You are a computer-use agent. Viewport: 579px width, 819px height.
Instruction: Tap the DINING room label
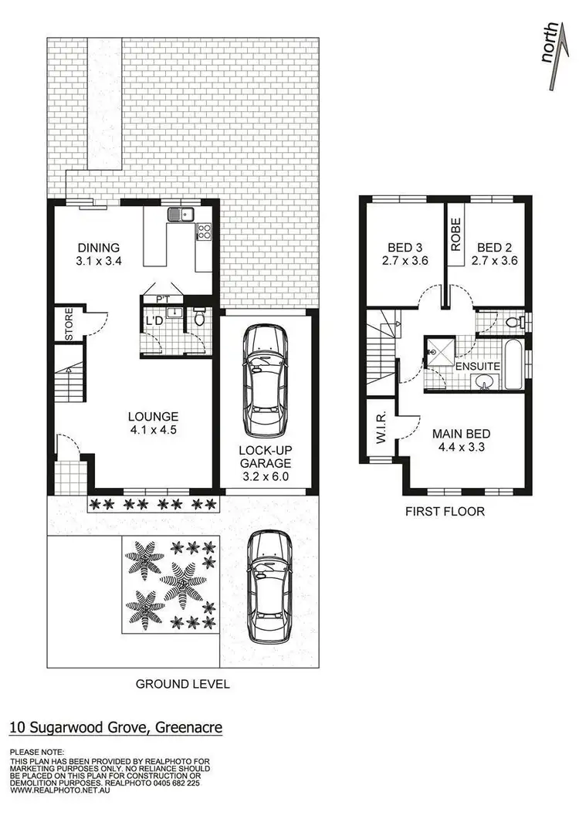[98, 248]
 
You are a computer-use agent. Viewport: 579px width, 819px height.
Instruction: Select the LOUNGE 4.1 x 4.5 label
[153, 423]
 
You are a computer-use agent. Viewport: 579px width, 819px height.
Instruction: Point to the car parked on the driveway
[268, 587]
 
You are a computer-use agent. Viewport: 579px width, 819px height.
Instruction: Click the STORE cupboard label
[68, 327]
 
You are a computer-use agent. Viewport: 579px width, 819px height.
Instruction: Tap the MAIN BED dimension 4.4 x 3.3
[461, 447]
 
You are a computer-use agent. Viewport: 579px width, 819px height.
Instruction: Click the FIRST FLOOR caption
[445, 511]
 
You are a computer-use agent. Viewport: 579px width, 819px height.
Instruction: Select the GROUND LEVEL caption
[182, 684]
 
